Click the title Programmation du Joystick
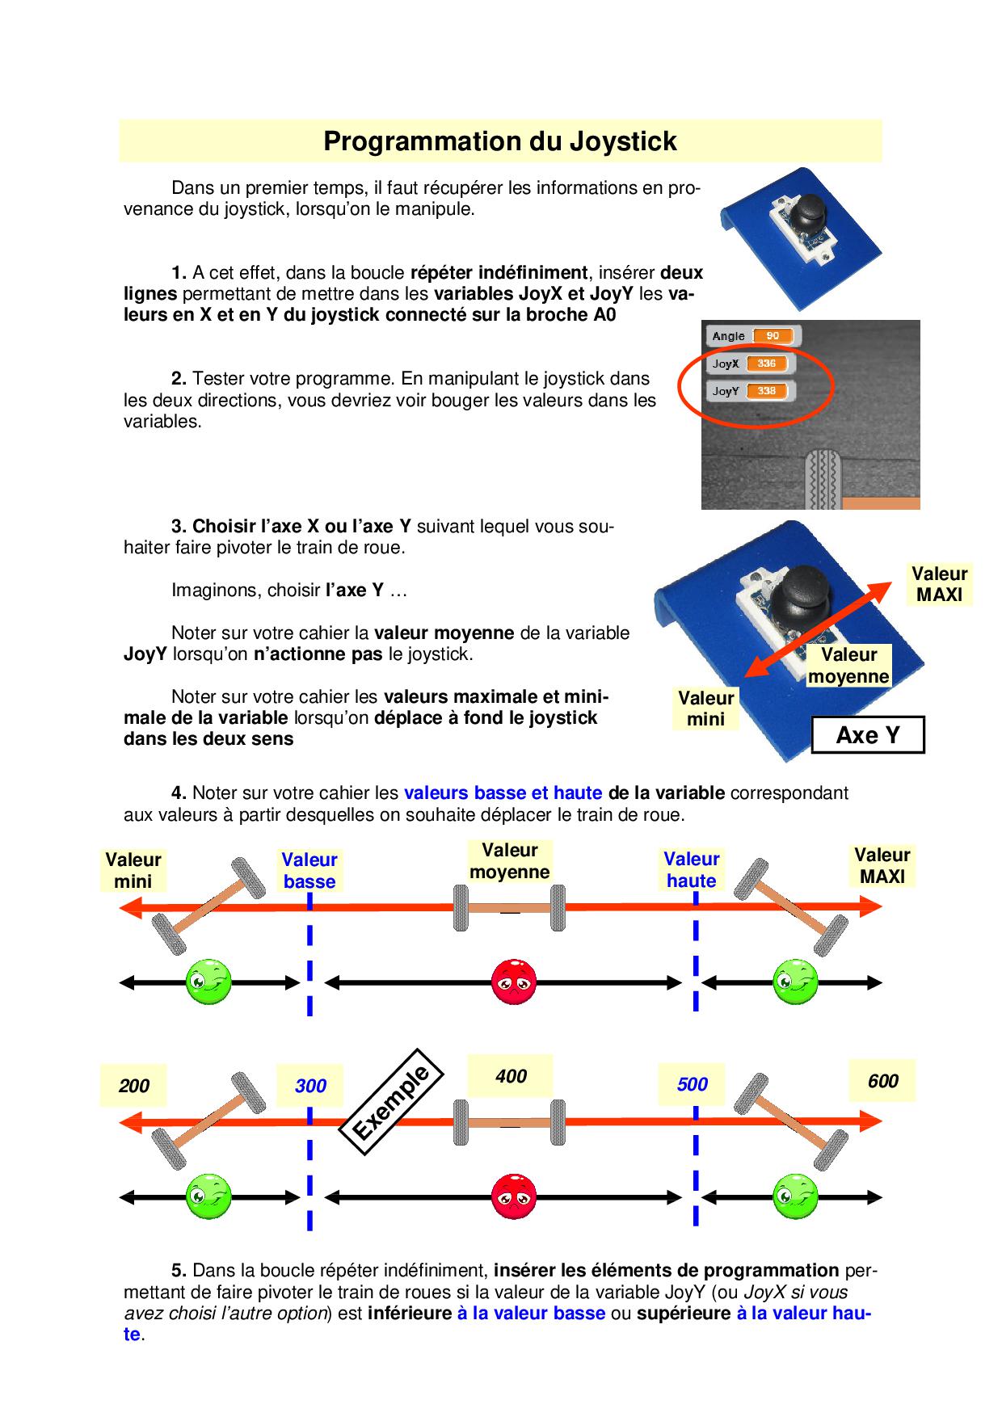499,141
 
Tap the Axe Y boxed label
867,735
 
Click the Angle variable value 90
773,336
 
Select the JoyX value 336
766,364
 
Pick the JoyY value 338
766,391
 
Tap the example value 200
133,1086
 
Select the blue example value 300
310,1086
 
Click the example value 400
511,1076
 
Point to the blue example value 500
692,1084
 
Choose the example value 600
882,1081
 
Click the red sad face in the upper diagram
514,982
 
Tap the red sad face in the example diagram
514,1196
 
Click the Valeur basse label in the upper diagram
309,871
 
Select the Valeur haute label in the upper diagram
692,870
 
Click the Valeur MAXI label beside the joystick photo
939,584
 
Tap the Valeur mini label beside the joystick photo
705,708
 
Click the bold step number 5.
179,1271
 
